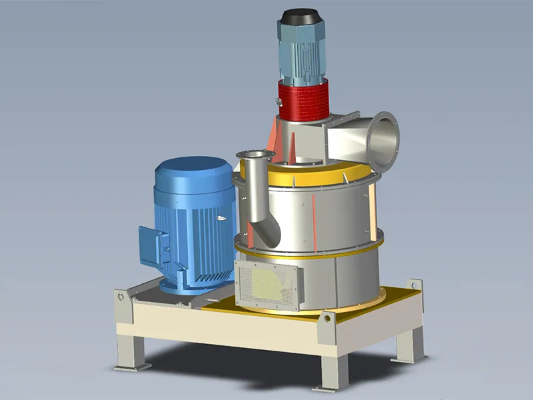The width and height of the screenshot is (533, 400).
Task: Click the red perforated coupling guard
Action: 304,100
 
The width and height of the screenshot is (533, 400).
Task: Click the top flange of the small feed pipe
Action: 255,155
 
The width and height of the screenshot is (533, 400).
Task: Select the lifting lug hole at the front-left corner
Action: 120,295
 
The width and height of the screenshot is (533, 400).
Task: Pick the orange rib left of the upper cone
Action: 272,141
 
